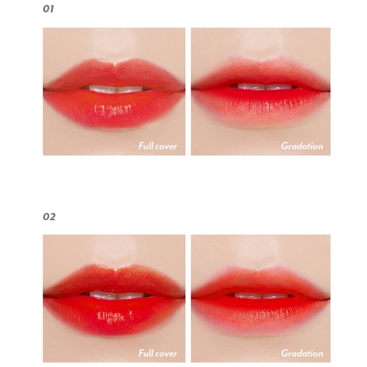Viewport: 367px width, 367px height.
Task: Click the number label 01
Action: (49, 9)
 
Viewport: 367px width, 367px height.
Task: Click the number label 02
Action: (49, 216)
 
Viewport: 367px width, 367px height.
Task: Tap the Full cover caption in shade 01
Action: (158, 147)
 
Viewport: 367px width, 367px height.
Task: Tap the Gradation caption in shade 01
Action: (302, 147)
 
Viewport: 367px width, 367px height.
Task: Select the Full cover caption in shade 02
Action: (158, 353)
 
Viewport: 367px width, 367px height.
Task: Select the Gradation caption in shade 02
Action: (302, 353)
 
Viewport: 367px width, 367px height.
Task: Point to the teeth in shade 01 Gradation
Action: (260, 87)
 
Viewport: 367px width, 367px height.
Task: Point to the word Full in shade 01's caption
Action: (145, 147)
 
